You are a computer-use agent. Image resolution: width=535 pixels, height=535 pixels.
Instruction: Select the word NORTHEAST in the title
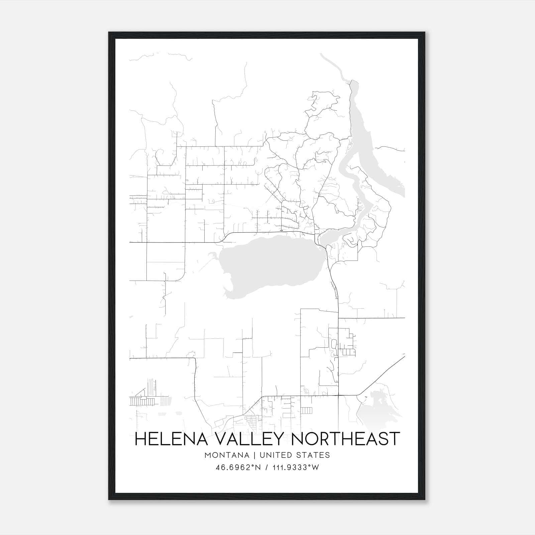(347, 439)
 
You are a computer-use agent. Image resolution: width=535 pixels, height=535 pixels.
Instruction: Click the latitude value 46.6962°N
(238, 467)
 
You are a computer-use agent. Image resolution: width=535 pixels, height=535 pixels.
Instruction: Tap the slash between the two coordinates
(266, 467)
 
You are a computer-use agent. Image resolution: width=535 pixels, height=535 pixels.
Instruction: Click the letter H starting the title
(140, 439)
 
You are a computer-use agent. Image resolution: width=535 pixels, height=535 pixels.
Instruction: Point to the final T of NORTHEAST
(394, 439)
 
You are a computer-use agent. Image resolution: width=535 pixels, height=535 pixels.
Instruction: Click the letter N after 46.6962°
(257, 467)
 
